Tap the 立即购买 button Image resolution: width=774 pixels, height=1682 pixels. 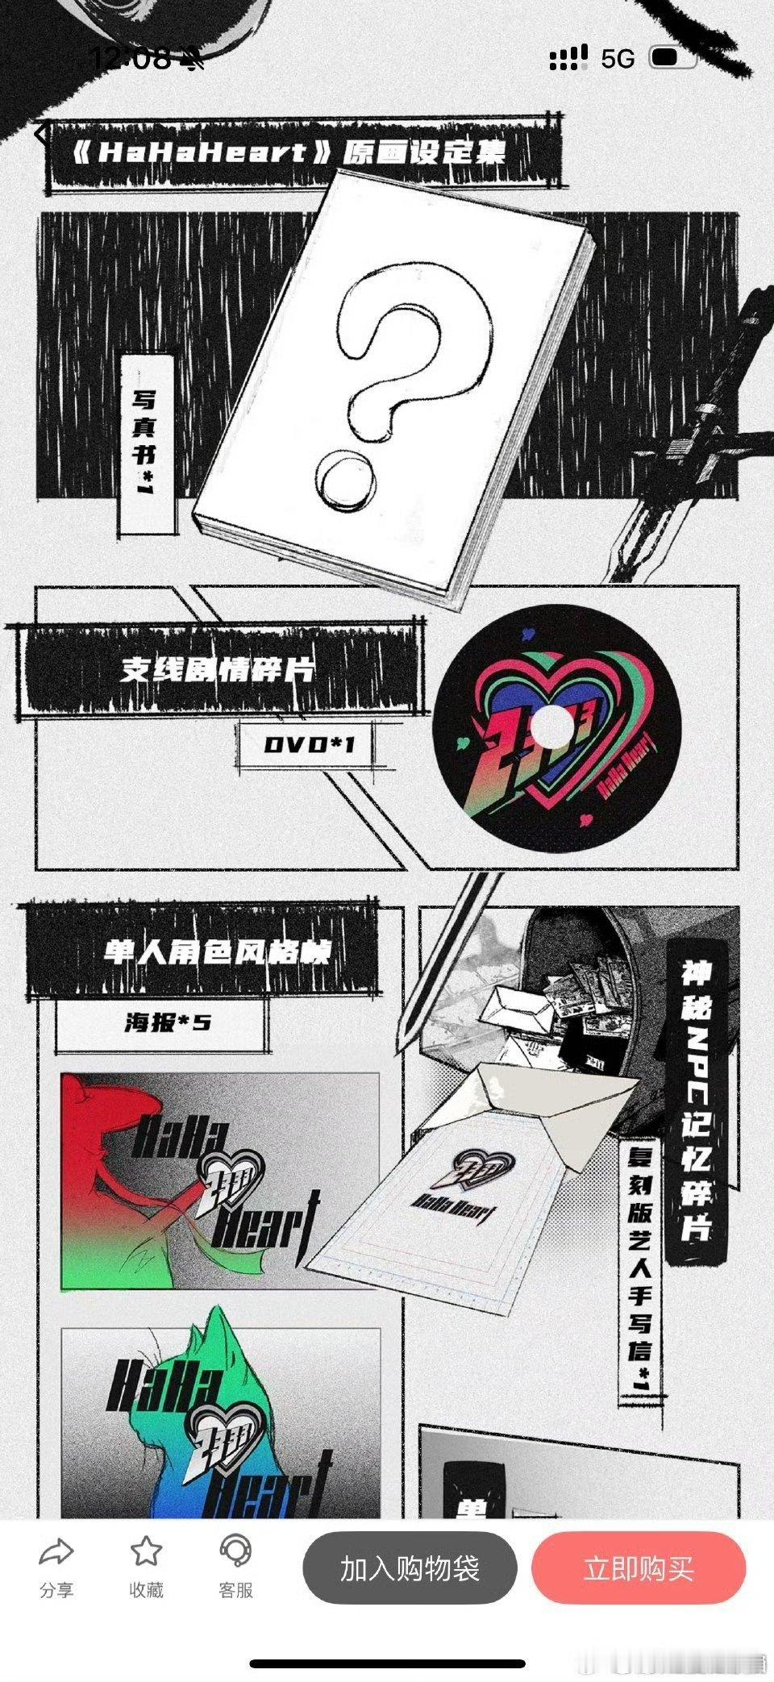[639, 1568]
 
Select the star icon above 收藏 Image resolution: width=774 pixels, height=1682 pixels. [146, 1550]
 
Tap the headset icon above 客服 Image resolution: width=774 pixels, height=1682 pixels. [236, 1550]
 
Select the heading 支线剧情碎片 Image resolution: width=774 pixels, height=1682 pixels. [218, 669]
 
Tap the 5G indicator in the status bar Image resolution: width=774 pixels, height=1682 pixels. [618, 58]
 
